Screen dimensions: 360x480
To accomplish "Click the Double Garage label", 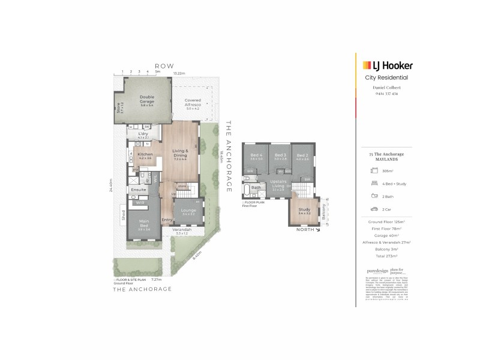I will coord(147,100).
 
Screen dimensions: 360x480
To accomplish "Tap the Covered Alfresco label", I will coord(192,102).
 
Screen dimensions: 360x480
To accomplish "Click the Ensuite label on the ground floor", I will coord(139,190).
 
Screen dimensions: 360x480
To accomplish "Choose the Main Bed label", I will coord(143,224).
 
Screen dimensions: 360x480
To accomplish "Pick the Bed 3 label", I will coord(280,156).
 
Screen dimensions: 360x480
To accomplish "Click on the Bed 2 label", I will coord(302,156).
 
